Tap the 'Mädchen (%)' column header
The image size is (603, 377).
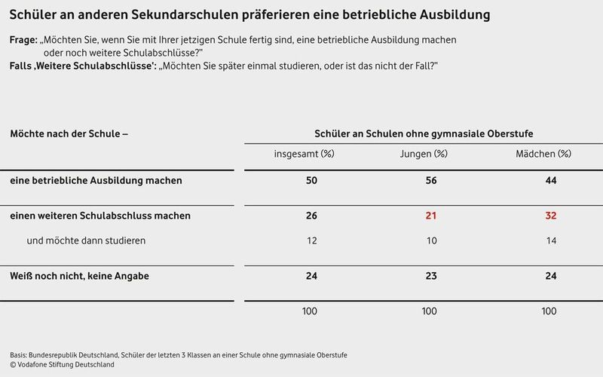click(548, 154)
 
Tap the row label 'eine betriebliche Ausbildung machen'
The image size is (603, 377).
click(96, 181)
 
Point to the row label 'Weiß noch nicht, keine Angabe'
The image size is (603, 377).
click(79, 276)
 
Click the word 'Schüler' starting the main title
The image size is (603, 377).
click(33, 15)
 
